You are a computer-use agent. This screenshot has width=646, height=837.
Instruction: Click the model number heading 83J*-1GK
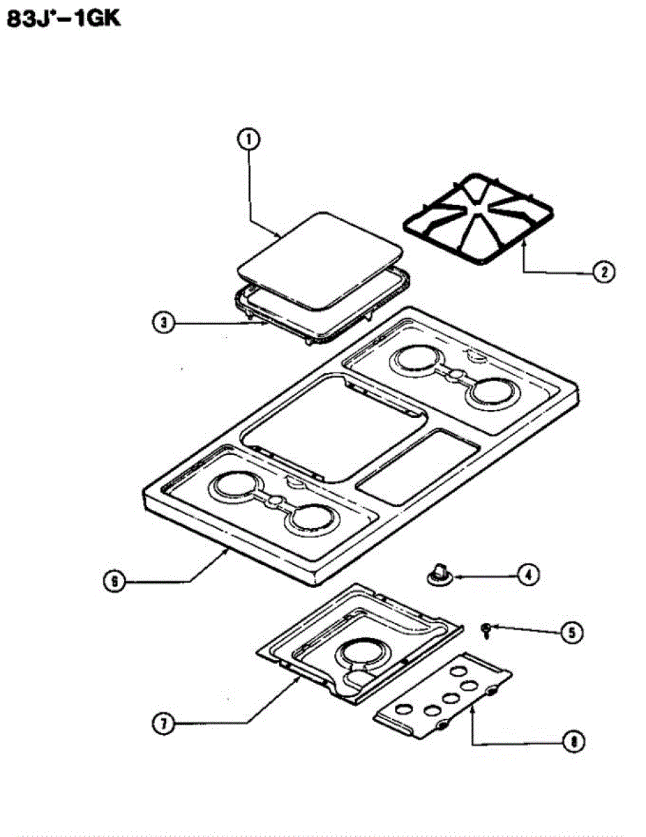[63, 19]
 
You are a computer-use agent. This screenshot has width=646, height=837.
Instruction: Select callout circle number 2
[604, 271]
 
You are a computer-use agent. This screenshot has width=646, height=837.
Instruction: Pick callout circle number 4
[528, 575]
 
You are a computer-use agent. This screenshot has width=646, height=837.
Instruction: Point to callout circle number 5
[570, 633]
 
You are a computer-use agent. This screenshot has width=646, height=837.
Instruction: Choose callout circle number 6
[114, 580]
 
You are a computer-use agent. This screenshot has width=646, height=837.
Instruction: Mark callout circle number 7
[163, 723]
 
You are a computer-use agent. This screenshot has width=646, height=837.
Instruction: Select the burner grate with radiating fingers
[478, 218]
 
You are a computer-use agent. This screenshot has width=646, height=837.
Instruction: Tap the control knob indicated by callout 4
[437, 573]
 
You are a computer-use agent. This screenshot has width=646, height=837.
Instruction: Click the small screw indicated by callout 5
[483, 631]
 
